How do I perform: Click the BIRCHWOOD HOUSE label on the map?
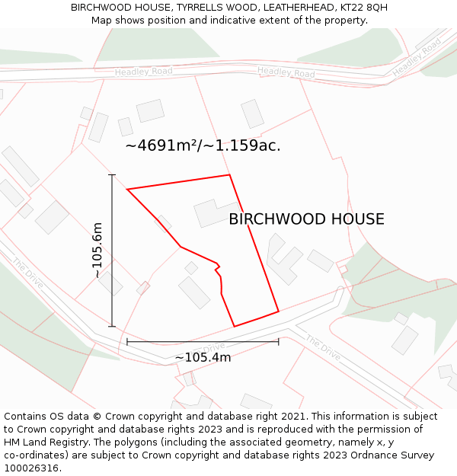coord(306,219)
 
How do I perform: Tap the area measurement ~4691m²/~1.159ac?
coord(203,145)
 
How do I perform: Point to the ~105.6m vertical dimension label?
coord(97,250)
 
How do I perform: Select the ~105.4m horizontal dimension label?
coord(203,357)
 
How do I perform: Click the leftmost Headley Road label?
coord(143,72)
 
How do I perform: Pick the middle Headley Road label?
coord(286,73)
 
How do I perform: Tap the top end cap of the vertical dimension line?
coord(112,175)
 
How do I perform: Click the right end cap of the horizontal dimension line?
coord(279,341)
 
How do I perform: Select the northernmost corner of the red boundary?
coord(229,175)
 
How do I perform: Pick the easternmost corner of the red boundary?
coord(279,311)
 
